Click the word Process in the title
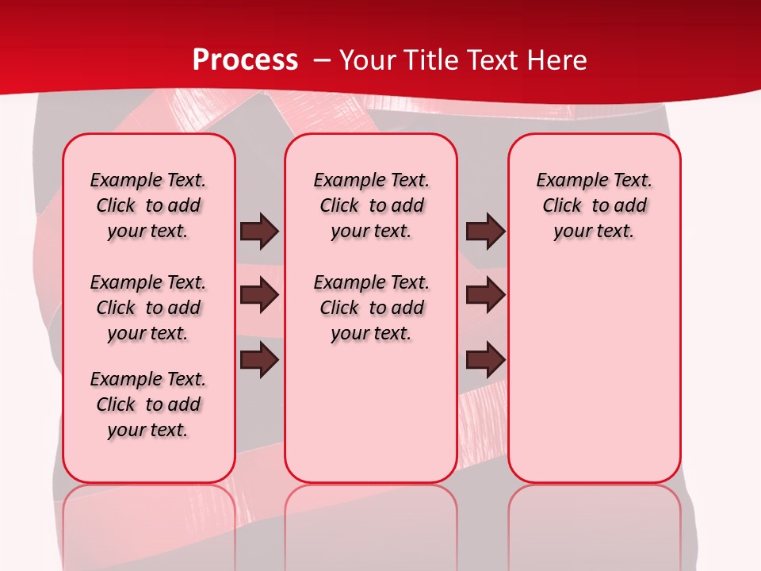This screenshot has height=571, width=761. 245,60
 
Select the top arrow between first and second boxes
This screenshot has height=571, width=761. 259,231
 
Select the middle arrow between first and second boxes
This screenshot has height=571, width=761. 259,296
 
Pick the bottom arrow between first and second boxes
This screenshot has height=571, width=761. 259,360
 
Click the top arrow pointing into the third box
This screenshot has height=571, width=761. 485,231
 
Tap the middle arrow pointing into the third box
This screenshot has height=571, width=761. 485,296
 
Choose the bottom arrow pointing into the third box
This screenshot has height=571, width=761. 485,360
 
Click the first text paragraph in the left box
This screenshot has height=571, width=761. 148,205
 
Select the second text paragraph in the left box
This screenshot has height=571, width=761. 148,308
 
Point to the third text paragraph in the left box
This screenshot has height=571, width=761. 148,404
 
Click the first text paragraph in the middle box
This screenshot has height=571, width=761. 372,205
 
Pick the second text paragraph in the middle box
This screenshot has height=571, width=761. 372,308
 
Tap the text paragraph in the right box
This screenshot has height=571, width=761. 595,205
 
